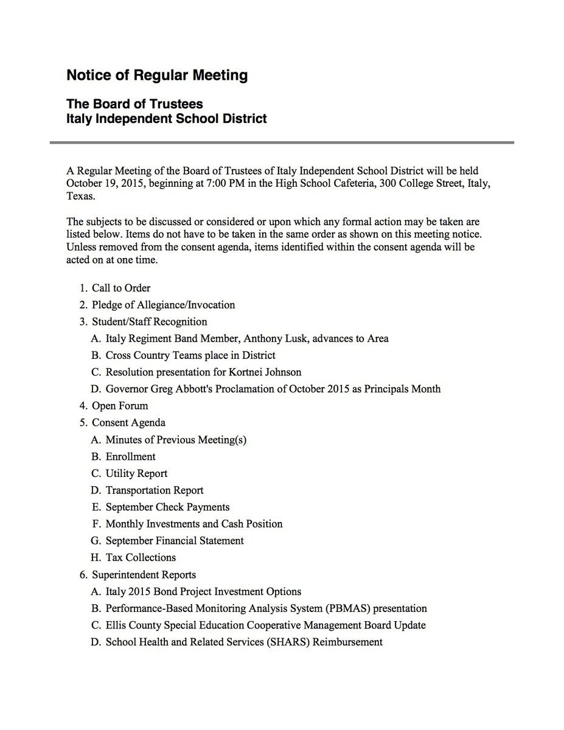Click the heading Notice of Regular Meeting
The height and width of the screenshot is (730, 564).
point(157,75)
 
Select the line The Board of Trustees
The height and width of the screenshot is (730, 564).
point(134,104)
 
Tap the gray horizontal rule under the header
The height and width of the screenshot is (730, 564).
point(282,142)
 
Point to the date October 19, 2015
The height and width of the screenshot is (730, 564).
point(104,184)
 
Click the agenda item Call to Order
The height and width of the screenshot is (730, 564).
point(121,288)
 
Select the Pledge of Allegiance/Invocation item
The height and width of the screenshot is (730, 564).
point(163,305)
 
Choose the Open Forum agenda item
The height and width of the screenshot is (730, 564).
point(120,406)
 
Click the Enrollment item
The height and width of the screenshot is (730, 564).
point(130,456)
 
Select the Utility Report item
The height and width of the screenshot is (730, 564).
point(136,473)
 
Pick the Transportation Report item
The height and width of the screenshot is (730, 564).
point(155,490)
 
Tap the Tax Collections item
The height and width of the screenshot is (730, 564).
point(141,557)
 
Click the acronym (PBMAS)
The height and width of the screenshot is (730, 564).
point(347,608)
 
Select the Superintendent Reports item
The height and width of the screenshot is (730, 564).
point(144,574)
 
